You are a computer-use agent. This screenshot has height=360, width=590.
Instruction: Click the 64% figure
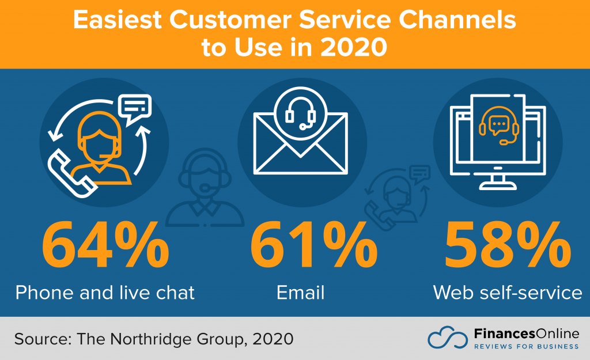pyautogui.click(x=105, y=245)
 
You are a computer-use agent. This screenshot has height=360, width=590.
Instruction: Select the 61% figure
pyautogui.click(x=314, y=245)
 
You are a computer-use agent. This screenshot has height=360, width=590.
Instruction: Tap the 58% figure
pyautogui.click(x=508, y=245)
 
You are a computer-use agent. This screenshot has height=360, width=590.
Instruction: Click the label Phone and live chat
pyautogui.click(x=105, y=293)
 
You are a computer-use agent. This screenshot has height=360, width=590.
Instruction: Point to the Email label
pyautogui.click(x=300, y=293)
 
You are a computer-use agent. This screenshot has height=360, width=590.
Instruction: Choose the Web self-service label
pyautogui.click(x=508, y=293)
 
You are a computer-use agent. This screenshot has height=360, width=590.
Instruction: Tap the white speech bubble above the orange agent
pyautogui.click(x=134, y=109)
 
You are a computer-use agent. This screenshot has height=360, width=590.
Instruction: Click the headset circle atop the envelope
pyautogui.click(x=300, y=113)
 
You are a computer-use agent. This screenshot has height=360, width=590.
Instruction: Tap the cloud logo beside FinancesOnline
pyautogui.click(x=448, y=337)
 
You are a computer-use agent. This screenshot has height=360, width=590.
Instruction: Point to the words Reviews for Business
pyautogui.click(x=527, y=346)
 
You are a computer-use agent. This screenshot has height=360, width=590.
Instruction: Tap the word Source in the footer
pyautogui.click(x=43, y=339)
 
